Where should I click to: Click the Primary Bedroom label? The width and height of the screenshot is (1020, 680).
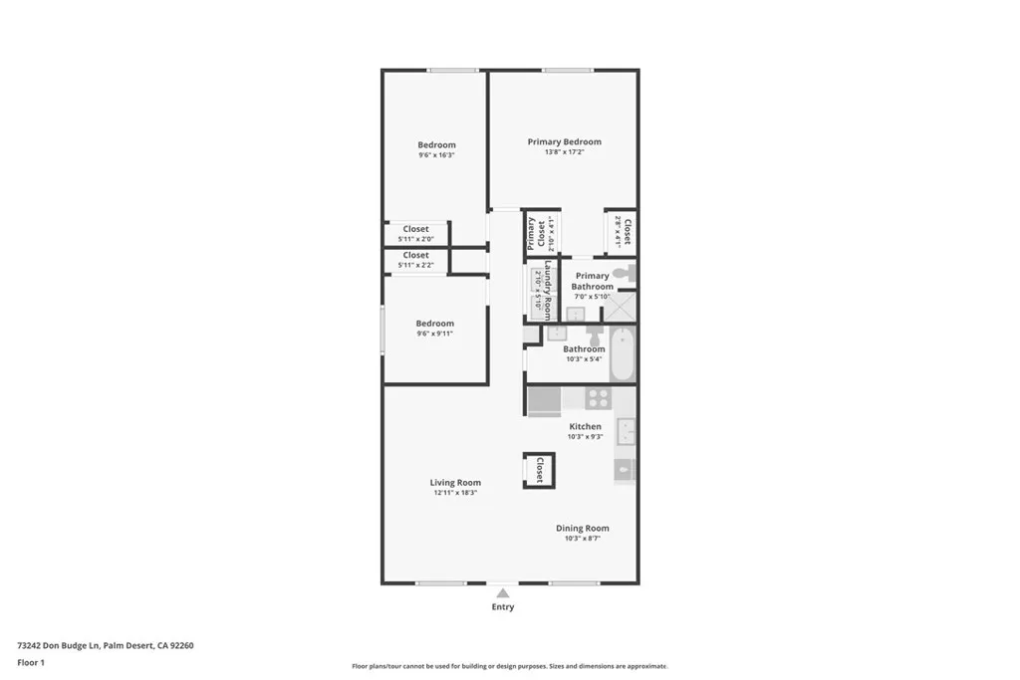click(564, 141)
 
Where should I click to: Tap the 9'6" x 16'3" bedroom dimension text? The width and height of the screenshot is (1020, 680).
click(436, 155)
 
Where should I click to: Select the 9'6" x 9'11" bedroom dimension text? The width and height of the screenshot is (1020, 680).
click(434, 334)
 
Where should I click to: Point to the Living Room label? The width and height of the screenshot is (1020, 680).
click(455, 483)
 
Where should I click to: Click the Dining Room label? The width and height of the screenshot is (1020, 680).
click(582, 529)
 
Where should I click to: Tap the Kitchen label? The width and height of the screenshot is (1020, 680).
click(585, 426)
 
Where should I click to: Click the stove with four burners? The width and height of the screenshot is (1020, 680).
click(598, 398)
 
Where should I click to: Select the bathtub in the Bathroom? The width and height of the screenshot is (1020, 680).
click(622, 353)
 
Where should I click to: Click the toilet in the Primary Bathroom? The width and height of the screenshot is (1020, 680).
click(622, 273)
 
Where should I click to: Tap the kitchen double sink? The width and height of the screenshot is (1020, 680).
click(627, 431)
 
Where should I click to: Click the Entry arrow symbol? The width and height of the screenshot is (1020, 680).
click(503, 593)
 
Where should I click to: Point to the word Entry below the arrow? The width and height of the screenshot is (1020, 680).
click(503, 607)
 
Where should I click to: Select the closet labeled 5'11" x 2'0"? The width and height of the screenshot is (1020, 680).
click(415, 234)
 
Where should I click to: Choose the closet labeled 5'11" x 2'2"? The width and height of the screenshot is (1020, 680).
click(415, 260)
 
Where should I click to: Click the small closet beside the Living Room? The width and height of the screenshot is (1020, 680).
click(539, 470)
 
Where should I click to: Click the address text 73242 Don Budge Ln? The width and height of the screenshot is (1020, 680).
click(59, 645)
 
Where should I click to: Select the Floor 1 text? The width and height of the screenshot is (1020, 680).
click(31, 662)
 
